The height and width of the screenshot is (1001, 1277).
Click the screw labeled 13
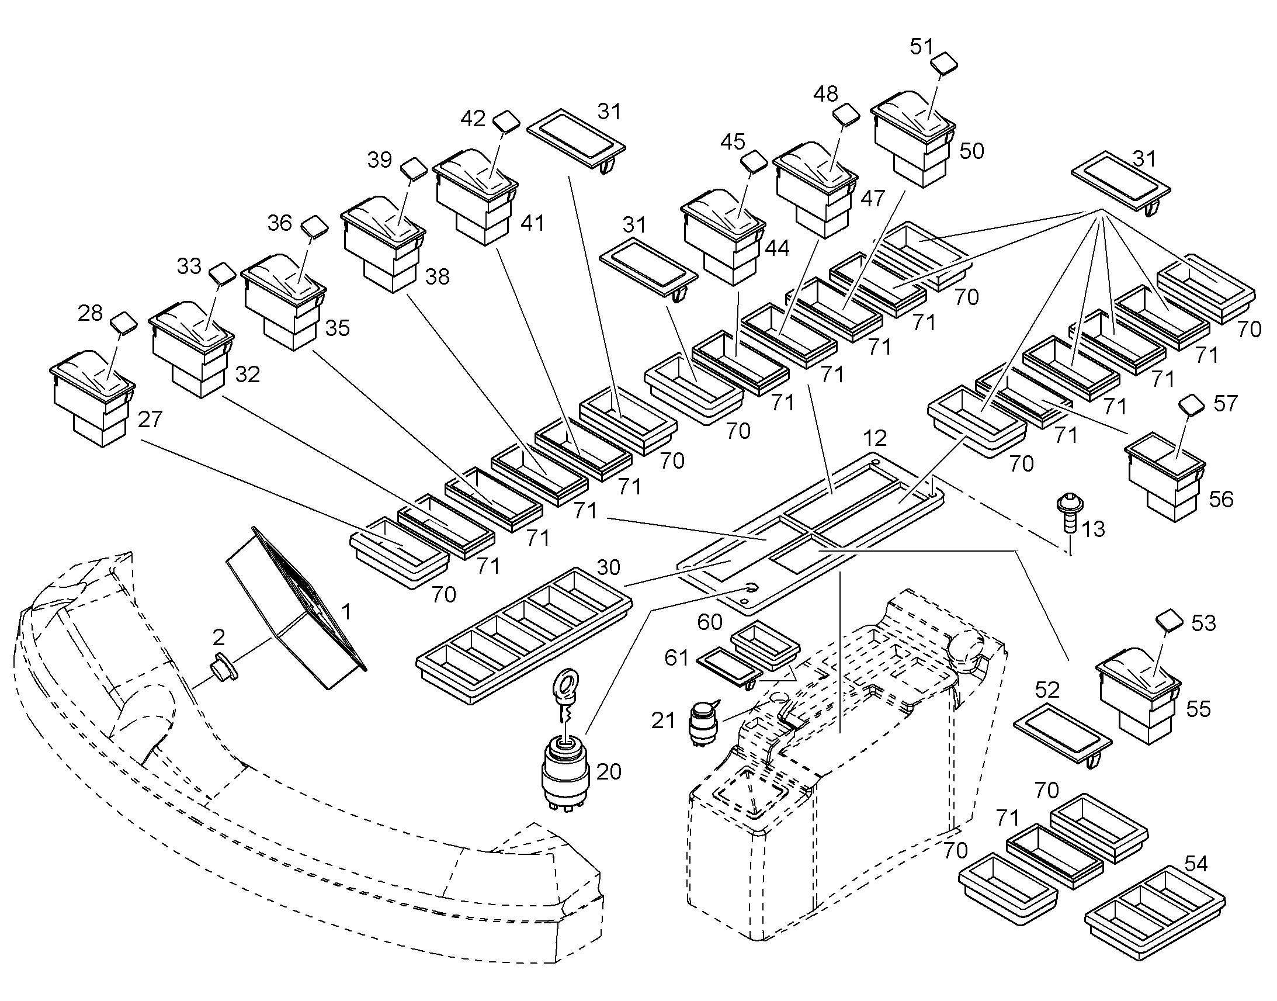click(x=1070, y=514)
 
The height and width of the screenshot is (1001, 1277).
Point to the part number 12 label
click(x=875, y=438)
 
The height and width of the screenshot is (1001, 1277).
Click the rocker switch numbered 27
click(x=92, y=398)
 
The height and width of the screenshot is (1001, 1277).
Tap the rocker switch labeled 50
click(x=912, y=138)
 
